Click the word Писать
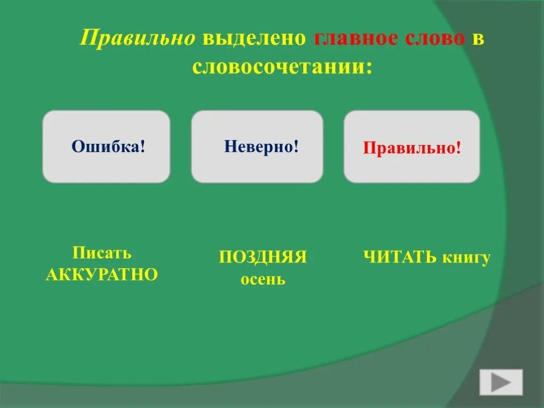[x=102, y=252]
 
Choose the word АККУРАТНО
[x=102, y=275]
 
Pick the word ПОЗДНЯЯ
[x=263, y=257]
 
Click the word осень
[x=263, y=279]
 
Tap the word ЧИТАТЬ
[x=400, y=258]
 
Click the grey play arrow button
[x=501, y=382]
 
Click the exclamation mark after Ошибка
[x=143, y=146]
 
